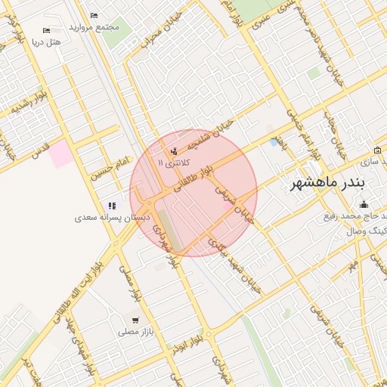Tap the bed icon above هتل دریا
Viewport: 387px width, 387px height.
click(47, 31)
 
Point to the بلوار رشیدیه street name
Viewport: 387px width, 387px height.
click(30, 101)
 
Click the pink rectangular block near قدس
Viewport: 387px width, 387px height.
click(63, 154)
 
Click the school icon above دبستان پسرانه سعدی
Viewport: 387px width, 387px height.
click(113, 205)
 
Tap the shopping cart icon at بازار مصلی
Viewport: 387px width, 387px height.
click(135, 319)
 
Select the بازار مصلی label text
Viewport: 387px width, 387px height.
click(135, 331)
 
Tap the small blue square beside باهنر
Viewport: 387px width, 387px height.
click(274, 141)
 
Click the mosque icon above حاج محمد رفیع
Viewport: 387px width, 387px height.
click(364, 204)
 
